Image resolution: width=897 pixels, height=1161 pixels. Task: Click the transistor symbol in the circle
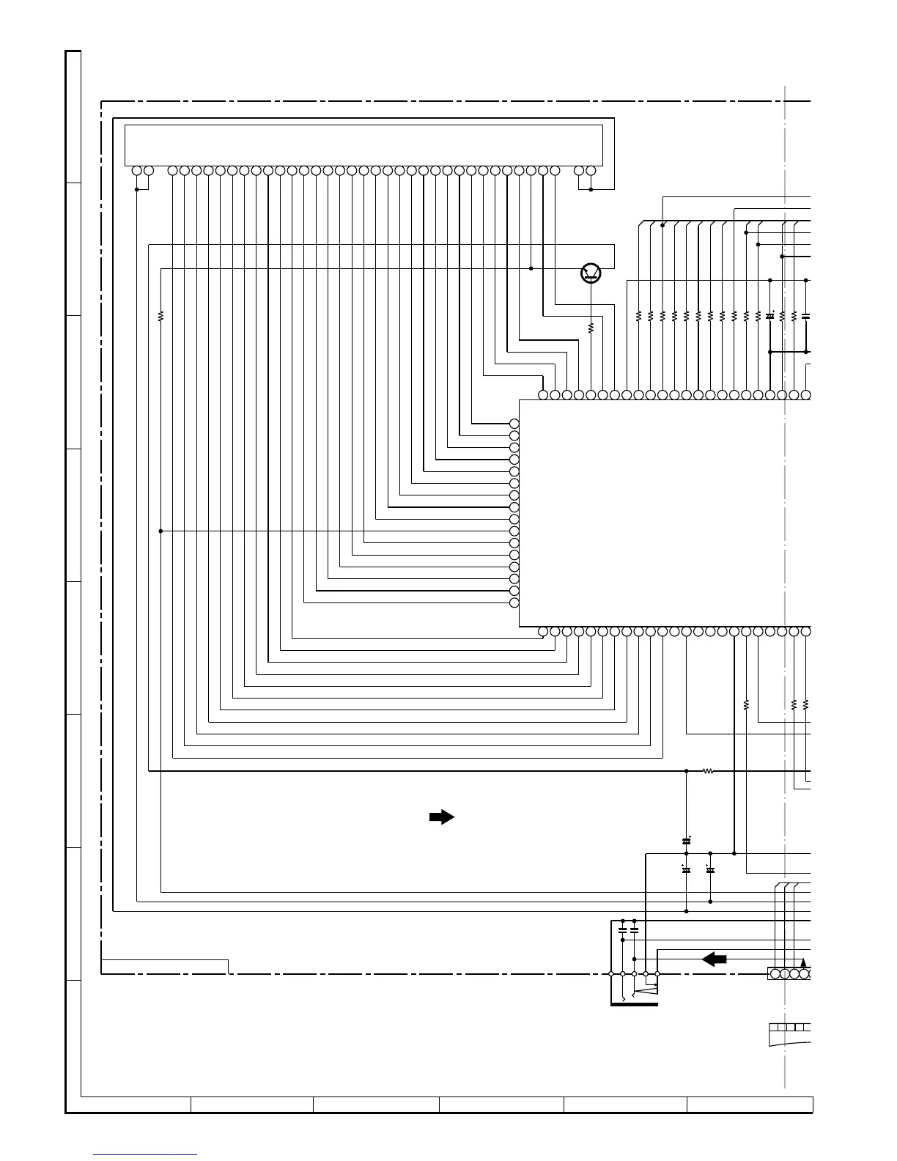coord(591,273)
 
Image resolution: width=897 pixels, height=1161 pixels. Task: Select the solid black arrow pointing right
coord(442,818)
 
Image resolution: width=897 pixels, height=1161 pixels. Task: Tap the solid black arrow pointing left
coord(714,959)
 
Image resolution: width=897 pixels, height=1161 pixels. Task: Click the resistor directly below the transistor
coord(591,328)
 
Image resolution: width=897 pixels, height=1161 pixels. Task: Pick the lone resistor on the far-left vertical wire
coord(160,317)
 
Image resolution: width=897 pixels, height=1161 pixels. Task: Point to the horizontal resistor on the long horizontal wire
coord(708,771)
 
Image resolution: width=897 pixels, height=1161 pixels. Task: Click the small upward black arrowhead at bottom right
coord(804,963)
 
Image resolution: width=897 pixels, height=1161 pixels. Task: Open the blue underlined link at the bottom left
coord(146,1154)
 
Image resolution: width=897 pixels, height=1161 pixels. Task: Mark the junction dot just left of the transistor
coord(531,268)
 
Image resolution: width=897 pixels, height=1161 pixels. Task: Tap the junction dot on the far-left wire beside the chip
coord(160,531)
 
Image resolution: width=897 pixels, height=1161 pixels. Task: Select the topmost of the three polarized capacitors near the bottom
coord(687,840)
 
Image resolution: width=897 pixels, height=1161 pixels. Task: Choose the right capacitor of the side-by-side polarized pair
coord(710,869)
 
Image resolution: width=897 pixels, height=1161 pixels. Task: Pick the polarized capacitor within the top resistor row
coord(770,316)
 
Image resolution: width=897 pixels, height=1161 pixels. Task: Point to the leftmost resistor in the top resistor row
coord(638,316)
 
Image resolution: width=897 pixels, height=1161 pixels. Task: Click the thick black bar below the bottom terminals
coord(634,1004)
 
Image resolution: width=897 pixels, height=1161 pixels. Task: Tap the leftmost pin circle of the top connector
coord(136,171)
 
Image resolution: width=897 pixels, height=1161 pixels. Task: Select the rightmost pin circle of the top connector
coord(591,171)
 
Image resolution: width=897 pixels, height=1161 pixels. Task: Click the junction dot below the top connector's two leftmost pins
coord(137,189)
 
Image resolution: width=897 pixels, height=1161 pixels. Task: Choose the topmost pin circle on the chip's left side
coord(514,424)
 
